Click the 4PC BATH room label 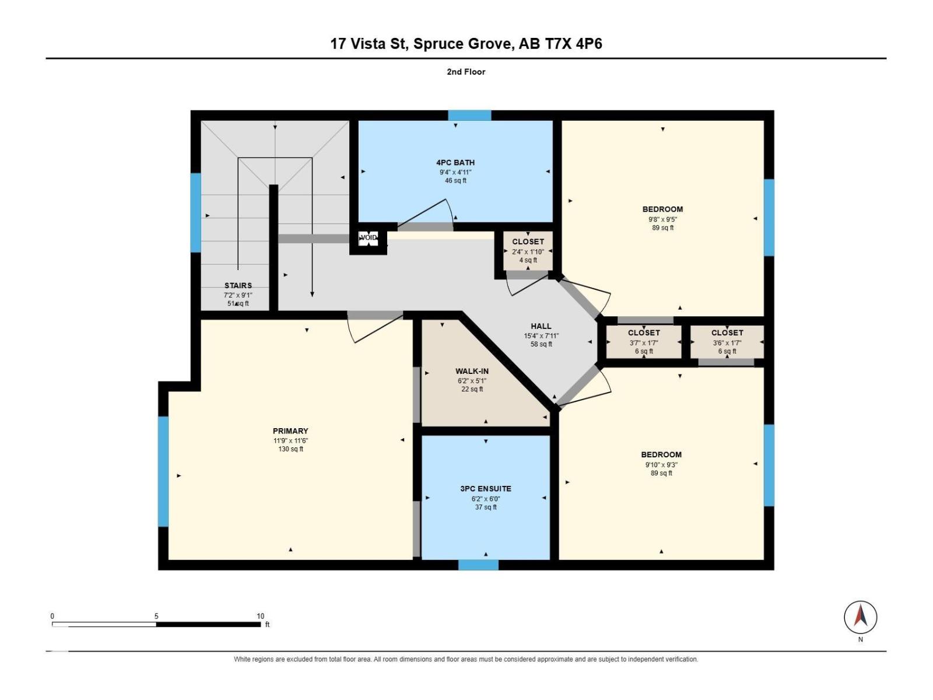pyautogui.click(x=455, y=162)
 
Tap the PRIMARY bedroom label pyautogui.click(x=290, y=431)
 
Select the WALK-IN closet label pyautogui.click(x=472, y=372)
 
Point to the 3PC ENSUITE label pyautogui.click(x=485, y=489)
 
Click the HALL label pyautogui.click(x=541, y=326)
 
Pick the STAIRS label pyautogui.click(x=238, y=286)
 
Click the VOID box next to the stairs pyautogui.click(x=368, y=238)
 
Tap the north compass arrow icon pyautogui.click(x=860, y=617)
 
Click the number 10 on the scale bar pyautogui.click(x=260, y=616)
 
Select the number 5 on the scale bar pyautogui.click(x=156, y=616)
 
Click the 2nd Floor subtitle pyautogui.click(x=466, y=72)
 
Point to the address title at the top pyautogui.click(x=466, y=44)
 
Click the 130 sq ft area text pyautogui.click(x=291, y=449)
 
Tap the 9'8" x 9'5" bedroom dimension pyautogui.click(x=662, y=219)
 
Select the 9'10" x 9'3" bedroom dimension pyautogui.click(x=661, y=465)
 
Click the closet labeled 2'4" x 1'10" pyautogui.click(x=528, y=251)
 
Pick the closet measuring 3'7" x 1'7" pyautogui.click(x=644, y=342)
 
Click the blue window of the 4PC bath pyautogui.click(x=469, y=115)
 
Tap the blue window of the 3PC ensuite pyautogui.click(x=478, y=565)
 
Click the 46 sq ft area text pyautogui.click(x=455, y=180)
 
